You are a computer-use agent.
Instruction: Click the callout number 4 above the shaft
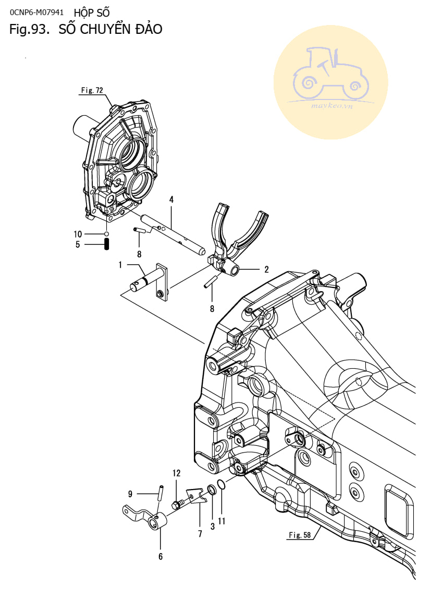[x=171, y=199]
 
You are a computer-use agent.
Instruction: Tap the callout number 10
[x=78, y=234]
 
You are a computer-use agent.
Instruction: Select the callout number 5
[x=78, y=245]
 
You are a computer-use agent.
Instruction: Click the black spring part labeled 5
[x=107, y=244]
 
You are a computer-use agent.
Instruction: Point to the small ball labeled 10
[x=107, y=234]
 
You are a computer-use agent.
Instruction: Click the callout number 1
[x=120, y=265]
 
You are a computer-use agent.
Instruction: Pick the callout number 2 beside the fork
[x=266, y=270]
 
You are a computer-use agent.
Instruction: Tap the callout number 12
[x=176, y=473]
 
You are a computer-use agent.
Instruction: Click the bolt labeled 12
[x=177, y=505]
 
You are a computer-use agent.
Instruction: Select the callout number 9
[x=130, y=494]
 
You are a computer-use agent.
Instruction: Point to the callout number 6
[x=161, y=556]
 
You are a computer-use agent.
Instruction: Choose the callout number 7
[x=200, y=534]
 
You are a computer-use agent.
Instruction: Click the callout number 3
[x=213, y=526]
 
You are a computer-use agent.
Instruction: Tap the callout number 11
[x=221, y=521]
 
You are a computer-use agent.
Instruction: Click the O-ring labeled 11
[x=221, y=485]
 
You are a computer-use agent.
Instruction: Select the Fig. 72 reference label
[x=92, y=90]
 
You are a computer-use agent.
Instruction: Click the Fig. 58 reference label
[x=300, y=535]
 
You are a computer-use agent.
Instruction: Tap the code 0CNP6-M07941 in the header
[x=37, y=12]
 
